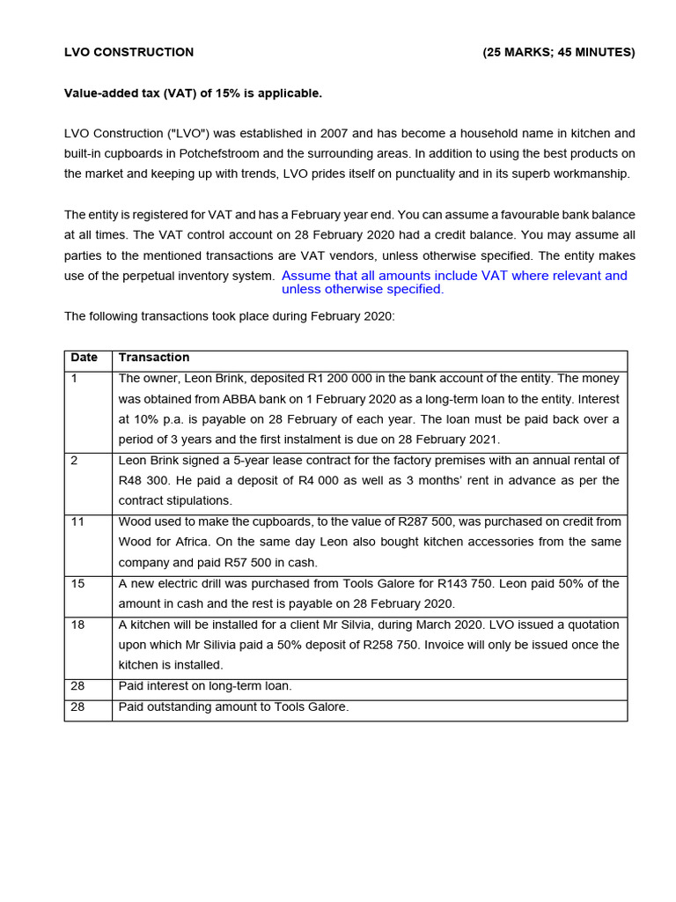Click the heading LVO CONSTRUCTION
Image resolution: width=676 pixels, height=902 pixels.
click(129, 52)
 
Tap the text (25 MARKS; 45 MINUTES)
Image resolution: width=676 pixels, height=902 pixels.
click(558, 52)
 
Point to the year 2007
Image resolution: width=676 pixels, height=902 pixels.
click(334, 133)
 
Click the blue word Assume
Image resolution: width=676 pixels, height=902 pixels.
click(305, 276)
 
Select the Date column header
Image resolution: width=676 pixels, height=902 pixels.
click(84, 358)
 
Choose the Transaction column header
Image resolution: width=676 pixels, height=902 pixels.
click(154, 358)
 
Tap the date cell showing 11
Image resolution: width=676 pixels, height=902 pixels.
click(77, 521)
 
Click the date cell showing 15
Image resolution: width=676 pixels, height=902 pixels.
click(77, 583)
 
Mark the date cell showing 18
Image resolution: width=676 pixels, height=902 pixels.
click(77, 625)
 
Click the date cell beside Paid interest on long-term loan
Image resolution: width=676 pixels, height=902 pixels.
click(77, 686)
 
